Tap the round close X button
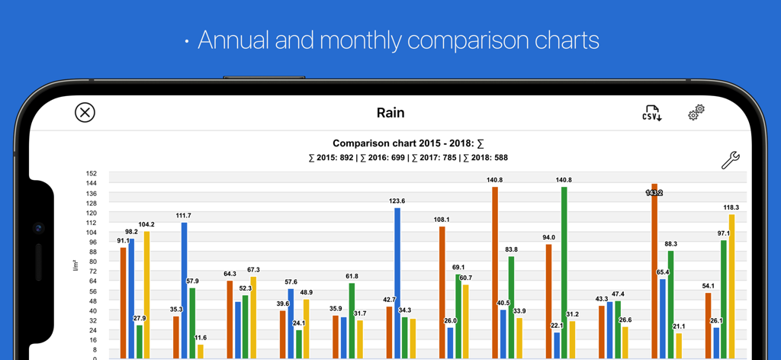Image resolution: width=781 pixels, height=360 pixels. coord(85,113)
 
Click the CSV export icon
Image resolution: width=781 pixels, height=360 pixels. coord(651,113)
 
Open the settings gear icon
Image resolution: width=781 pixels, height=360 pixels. coord(696,113)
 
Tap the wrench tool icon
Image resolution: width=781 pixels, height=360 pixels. coord(730,160)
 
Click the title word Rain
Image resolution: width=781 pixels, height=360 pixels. coord(390,113)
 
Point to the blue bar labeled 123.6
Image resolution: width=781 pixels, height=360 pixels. coord(397,282)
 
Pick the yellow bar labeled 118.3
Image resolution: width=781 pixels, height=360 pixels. coord(732,286)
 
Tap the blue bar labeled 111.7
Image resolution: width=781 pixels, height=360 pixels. coord(184,290)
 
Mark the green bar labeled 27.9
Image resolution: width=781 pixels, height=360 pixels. coord(140,341)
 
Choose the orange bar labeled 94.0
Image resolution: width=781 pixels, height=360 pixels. coord(548,301)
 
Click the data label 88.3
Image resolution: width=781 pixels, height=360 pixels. coord(671,244)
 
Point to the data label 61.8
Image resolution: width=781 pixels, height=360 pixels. coord(352,276)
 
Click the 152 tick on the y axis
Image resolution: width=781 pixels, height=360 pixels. coord(92,173)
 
